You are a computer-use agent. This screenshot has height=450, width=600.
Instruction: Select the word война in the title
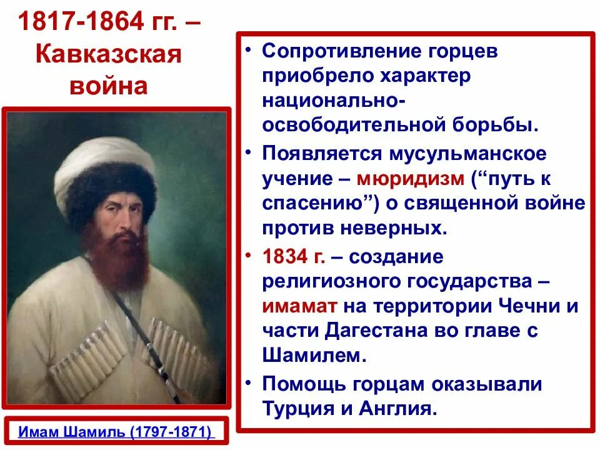pyautogui.click(x=107, y=84)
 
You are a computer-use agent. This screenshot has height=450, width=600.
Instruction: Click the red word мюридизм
pyautogui.click(x=411, y=179)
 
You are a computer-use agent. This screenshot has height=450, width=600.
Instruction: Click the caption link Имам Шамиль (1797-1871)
pyautogui.click(x=116, y=432)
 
